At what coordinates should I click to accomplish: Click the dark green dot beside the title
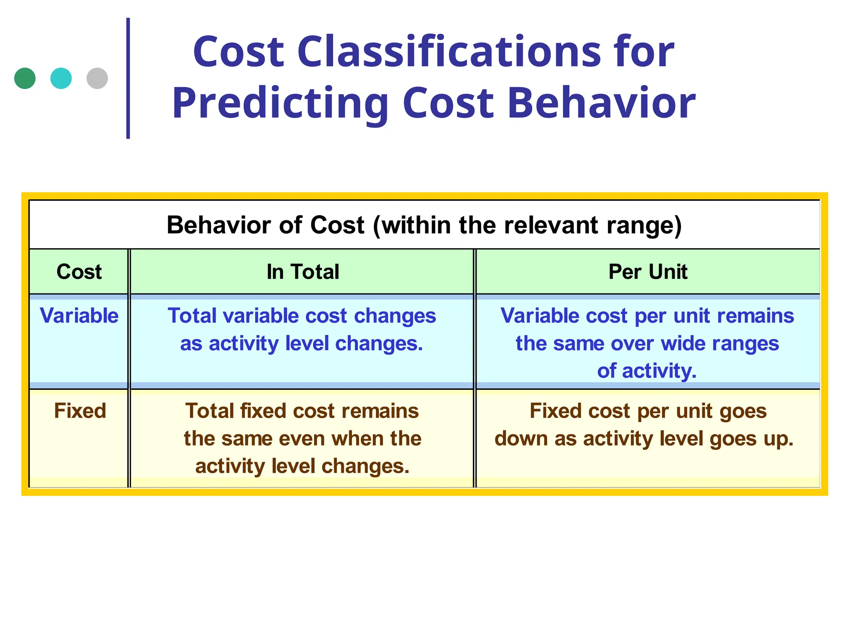[x=25, y=78]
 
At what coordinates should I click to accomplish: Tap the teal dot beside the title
[x=61, y=78]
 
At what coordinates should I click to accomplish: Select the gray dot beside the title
[x=97, y=78]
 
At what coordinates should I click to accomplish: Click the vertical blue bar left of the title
[x=128, y=78]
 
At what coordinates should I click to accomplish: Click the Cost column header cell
[x=79, y=272]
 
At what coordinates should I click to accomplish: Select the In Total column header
[x=303, y=272]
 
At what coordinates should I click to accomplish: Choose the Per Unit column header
[x=648, y=272]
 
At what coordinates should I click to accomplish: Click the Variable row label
[x=79, y=315]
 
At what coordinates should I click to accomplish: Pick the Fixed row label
[x=80, y=411]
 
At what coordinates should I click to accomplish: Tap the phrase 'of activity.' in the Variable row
[x=647, y=371]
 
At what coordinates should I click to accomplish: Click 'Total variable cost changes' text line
[x=301, y=316]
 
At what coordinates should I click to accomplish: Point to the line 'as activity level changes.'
[x=301, y=343]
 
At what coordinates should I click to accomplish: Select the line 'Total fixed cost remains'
[x=302, y=411]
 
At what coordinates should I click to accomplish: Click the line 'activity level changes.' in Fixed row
[x=302, y=466]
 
